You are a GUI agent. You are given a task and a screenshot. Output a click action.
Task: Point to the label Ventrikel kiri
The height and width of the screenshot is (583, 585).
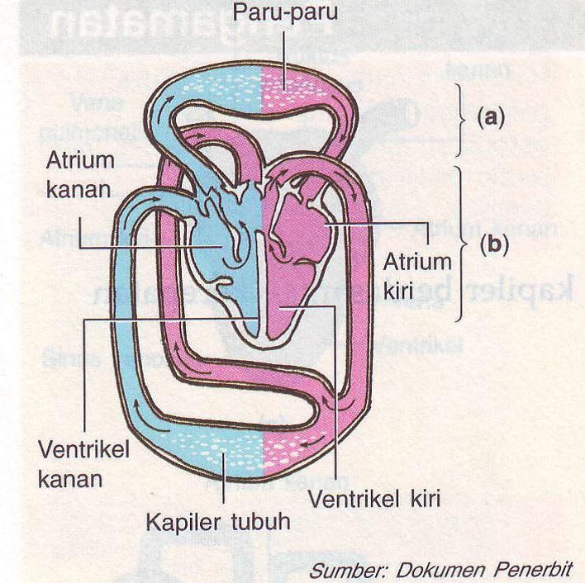point(374,499)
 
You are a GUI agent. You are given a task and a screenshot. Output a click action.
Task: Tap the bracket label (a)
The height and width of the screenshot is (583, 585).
point(490,117)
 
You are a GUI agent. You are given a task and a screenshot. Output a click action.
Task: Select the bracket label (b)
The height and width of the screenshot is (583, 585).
point(491,245)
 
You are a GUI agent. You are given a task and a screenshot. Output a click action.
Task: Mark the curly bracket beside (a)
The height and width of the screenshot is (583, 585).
point(462,118)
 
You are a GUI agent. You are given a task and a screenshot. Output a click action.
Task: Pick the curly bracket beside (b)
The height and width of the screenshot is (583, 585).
point(461,244)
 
